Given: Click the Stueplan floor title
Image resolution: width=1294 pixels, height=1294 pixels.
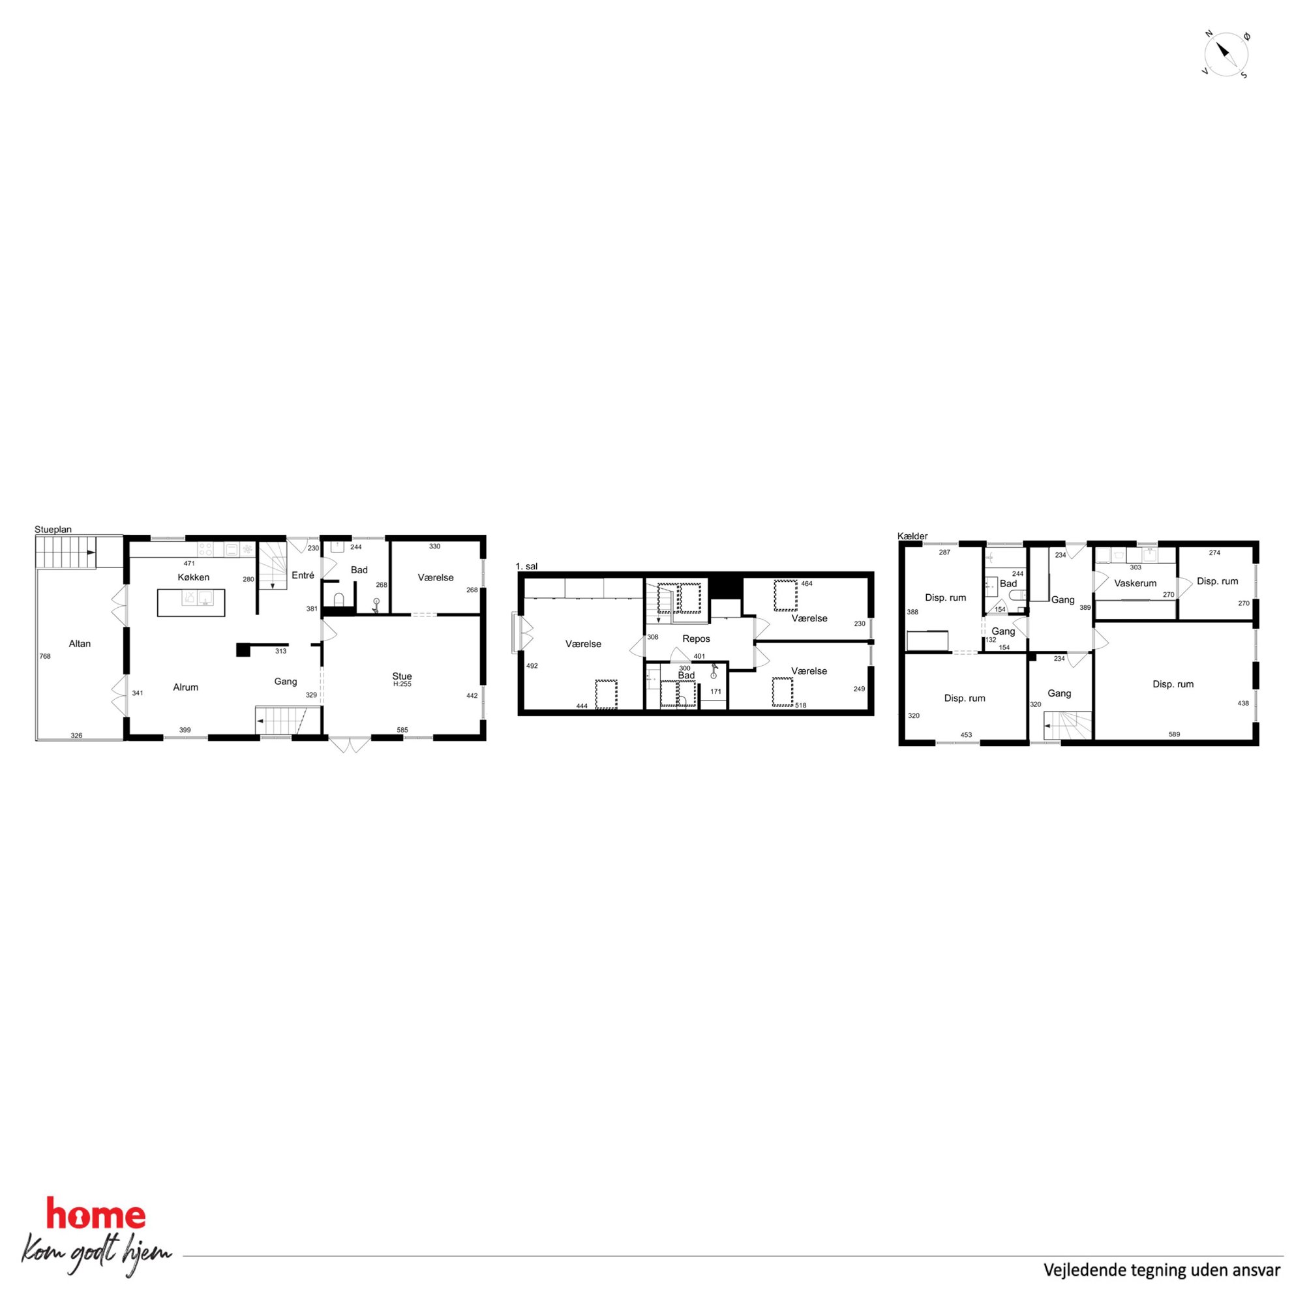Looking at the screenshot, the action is [x=53, y=529].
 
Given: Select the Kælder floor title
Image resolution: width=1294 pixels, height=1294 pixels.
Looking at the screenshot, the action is [x=912, y=536].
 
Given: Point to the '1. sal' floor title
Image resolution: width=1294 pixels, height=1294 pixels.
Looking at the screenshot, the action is [x=526, y=566].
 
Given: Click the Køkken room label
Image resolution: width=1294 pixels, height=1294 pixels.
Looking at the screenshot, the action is [x=194, y=577].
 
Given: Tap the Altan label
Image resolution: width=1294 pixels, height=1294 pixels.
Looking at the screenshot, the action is [x=80, y=644].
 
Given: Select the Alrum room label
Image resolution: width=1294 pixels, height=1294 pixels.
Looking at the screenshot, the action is [x=185, y=687].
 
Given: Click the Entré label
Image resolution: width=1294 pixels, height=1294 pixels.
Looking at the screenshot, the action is [x=303, y=575].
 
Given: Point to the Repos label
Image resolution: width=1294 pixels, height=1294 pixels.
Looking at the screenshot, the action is [x=696, y=639].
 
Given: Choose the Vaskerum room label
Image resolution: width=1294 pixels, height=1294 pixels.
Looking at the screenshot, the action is [x=1136, y=583].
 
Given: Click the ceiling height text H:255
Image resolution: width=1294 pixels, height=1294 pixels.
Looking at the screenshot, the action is [x=402, y=684].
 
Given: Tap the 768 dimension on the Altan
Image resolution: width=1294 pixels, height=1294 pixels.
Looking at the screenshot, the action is [x=45, y=656].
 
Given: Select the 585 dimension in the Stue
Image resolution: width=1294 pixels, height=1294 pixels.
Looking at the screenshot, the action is [x=402, y=730].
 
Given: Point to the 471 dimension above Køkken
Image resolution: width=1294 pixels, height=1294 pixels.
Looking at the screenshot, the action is [x=189, y=564].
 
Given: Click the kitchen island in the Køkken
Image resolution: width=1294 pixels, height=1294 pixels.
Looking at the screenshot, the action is [x=191, y=602].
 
